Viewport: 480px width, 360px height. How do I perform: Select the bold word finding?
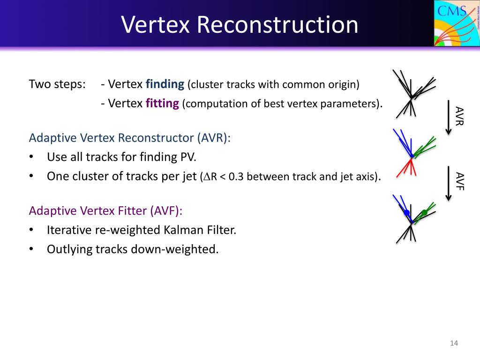point(165,84)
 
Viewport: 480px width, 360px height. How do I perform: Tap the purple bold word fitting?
point(163,104)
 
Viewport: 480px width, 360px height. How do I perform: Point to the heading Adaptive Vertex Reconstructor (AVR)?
point(130,138)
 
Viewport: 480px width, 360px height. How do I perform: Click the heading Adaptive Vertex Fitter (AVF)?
point(106,211)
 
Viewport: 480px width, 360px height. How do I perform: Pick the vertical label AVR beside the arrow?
point(459,116)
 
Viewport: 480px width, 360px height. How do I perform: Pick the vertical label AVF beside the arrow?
point(459,181)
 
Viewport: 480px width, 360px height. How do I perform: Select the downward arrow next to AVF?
point(448,183)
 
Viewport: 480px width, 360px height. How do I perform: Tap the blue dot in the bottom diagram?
point(406,213)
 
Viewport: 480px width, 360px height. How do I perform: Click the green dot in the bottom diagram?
point(424,212)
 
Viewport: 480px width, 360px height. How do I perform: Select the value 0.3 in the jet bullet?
point(236,177)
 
